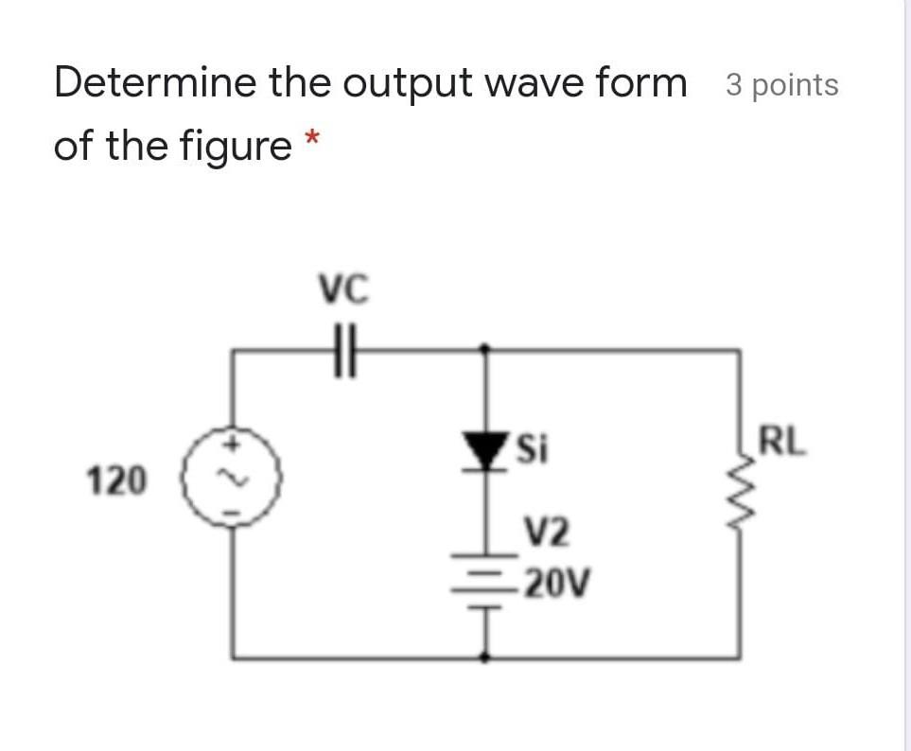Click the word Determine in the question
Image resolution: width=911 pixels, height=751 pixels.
coord(154,83)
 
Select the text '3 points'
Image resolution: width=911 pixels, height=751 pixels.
coord(781,85)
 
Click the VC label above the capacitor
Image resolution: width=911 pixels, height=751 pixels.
coord(344,286)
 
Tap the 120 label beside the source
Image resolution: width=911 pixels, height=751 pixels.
coord(116,481)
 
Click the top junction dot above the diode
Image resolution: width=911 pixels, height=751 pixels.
coord(486,349)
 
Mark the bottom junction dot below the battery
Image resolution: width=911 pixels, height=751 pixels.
coord(486,655)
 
